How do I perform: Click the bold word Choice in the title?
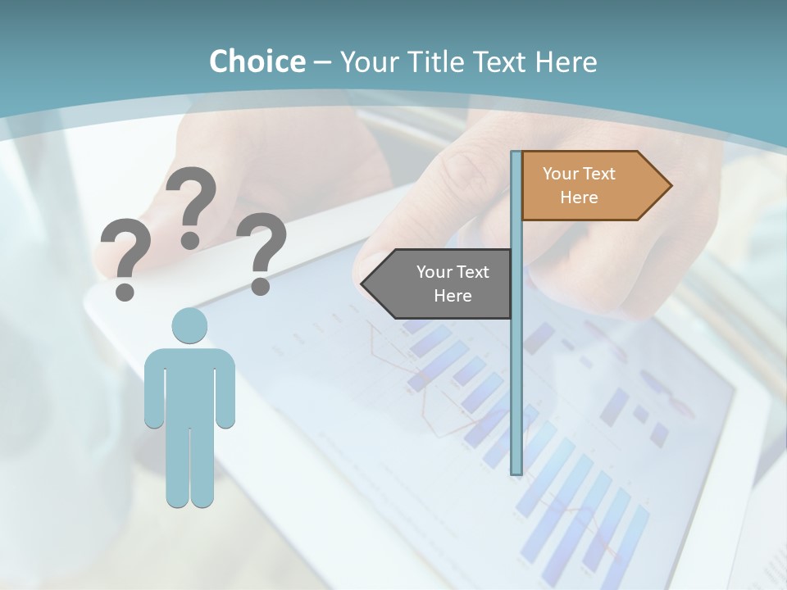(x=257, y=61)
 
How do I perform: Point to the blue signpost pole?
(x=516, y=369)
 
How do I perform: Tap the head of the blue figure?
(x=189, y=326)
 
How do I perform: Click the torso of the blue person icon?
(x=189, y=385)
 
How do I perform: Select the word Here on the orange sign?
(x=579, y=197)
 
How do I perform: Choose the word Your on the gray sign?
(x=434, y=272)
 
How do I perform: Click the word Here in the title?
(x=566, y=61)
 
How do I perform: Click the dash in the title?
(x=322, y=61)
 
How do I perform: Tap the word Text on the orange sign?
(x=598, y=174)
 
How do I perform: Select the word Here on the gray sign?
(x=453, y=296)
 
